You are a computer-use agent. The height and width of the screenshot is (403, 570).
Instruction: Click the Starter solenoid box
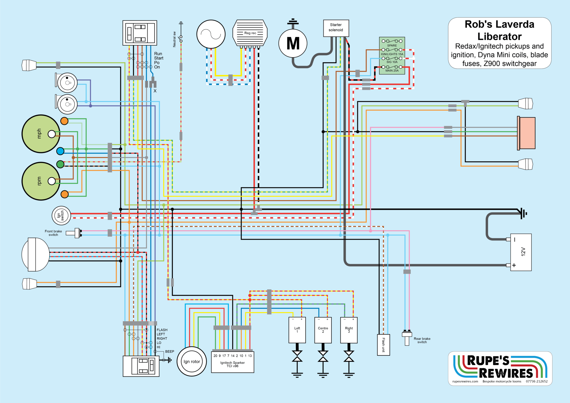(x=336, y=28)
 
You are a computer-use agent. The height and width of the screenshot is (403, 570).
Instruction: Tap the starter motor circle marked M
(x=293, y=43)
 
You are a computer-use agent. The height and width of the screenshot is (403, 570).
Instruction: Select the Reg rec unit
(x=250, y=33)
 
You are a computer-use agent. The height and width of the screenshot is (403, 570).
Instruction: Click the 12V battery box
(x=521, y=252)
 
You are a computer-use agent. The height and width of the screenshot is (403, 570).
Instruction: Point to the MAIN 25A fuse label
(x=392, y=71)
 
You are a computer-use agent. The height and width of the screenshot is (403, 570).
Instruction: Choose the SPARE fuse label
(x=392, y=45)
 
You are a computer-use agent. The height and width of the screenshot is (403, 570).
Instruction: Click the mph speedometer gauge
(x=41, y=134)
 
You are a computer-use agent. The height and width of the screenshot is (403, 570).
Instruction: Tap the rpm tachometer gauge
(x=41, y=181)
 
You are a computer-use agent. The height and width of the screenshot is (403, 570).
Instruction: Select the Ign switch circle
(x=61, y=215)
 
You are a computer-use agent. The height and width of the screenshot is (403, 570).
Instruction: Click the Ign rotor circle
(x=192, y=362)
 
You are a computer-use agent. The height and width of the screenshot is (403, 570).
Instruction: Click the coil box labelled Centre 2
(x=323, y=330)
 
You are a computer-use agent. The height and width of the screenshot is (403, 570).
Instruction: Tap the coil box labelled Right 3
(x=349, y=330)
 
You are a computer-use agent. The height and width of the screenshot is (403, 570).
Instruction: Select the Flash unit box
(x=384, y=345)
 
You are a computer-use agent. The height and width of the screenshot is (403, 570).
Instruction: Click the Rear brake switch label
(x=422, y=340)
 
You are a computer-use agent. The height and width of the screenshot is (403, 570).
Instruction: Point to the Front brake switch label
(x=53, y=233)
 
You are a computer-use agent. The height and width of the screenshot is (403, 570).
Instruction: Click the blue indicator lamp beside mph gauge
(x=60, y=151)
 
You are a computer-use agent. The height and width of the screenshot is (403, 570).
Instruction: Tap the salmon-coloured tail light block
(x=526, y=133)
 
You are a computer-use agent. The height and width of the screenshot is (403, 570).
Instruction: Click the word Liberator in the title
(x=500, y=36)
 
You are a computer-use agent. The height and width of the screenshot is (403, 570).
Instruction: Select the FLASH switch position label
(x=162, y=330)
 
